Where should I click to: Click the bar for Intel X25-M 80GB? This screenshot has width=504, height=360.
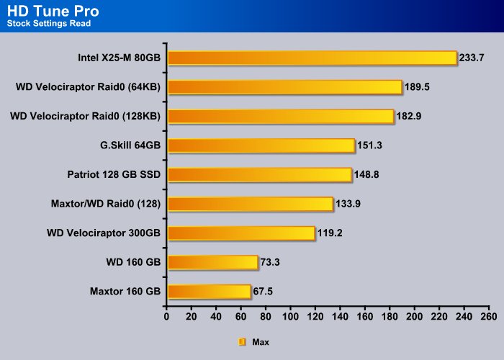312,58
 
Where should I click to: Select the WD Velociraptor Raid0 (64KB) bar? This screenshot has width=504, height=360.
285,87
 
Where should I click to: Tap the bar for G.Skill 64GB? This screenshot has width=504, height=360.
261,145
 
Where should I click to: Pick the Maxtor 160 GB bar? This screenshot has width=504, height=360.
210,292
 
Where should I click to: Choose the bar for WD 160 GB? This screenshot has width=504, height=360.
213,263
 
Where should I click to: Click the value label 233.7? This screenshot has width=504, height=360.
472,58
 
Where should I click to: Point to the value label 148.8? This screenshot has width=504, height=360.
366,174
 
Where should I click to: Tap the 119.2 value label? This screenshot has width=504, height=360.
330,233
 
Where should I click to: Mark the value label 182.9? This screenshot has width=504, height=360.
409,116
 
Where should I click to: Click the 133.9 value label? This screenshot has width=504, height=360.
348,204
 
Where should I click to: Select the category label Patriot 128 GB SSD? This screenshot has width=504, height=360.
114,174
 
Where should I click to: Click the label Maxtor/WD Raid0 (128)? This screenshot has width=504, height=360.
106,204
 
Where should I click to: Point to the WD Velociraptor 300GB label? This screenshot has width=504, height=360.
104,233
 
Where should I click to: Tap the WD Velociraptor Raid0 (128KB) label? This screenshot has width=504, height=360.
85,116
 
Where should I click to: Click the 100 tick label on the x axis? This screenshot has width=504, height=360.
290,317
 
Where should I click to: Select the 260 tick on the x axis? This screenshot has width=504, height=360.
489,317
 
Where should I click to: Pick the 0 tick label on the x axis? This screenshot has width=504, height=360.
166,317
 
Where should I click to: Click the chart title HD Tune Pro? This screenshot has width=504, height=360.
53,12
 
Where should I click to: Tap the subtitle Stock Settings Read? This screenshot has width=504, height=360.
49,24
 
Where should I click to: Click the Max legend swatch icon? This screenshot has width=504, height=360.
242,342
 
